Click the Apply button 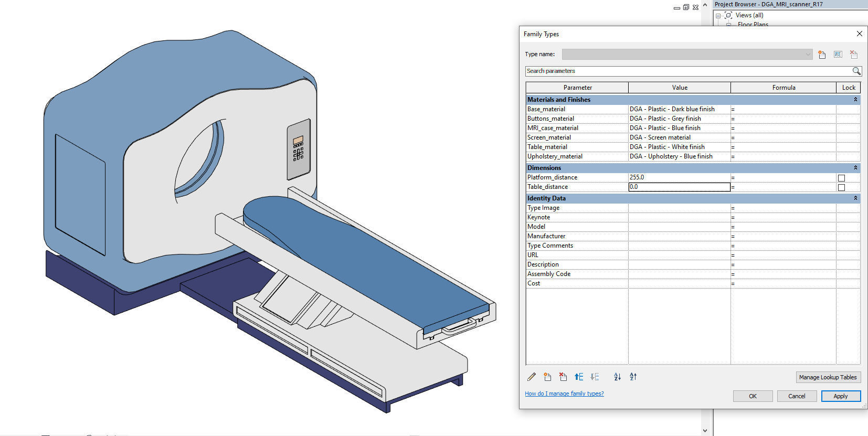[840, 396]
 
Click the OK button [753, 396]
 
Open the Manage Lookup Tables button [828, 377]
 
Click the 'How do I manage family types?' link [564, 394]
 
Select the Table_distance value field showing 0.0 [679, 187]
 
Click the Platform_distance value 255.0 [679, 177]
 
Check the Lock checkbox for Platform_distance [841, 178]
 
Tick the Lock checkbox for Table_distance [841, 187]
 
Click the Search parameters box [687, 71]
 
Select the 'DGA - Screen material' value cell [679, 137]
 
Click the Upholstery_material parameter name [555, 156]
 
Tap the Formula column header [783, 88]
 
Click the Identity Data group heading [546, 198]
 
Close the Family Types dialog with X [859, 34]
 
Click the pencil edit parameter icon [532, 377]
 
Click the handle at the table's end [459, 327]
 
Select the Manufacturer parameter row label [546, 236]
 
